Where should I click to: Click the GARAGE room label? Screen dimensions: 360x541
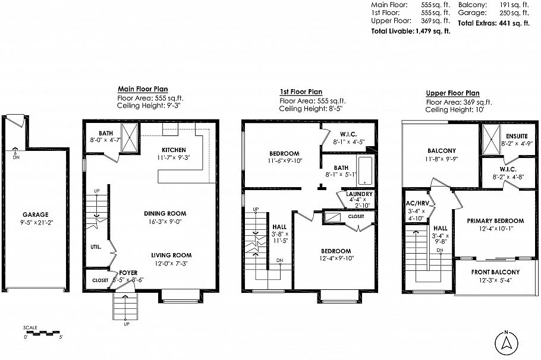click(36, 214)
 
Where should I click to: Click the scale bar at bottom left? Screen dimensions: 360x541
click(43, 333)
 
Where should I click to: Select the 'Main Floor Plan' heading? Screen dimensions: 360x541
click(142, 89)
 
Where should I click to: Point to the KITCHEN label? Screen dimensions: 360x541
click(174, 150)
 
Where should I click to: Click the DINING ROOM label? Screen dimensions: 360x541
click(165, 213)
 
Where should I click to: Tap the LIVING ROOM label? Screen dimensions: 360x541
click(171, 255)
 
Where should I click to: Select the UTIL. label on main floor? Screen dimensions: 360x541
click(96, 246)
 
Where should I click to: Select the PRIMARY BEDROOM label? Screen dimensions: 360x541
click(495, 220)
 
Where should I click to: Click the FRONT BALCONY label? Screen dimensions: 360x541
click(496, 272)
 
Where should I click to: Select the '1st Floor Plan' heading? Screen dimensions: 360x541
click(301, 92)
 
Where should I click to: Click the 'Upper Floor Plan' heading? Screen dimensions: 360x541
click(452, 93)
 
